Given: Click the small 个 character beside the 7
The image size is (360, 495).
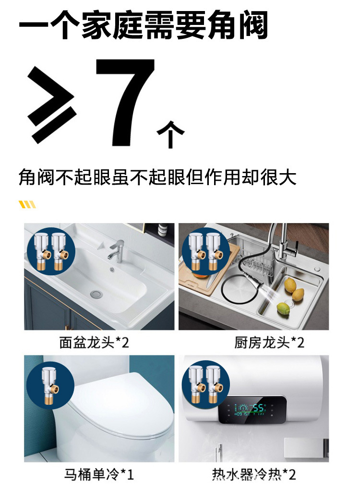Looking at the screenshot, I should (x=170, y=134).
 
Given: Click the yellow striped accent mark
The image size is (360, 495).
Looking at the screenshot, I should (x=27, y=205).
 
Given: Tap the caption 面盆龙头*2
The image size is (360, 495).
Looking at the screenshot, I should (x=94, y=342).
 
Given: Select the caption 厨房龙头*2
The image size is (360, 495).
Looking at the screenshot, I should (x=269, y=342).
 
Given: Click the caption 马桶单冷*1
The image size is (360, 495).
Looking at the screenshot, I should (x=99, y=475).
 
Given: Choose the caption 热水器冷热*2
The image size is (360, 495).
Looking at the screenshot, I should (x=254, y=475).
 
